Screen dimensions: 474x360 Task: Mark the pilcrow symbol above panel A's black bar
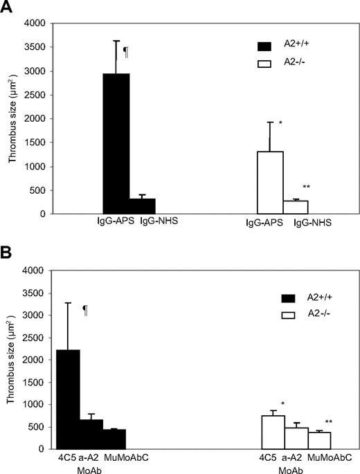pyautogui.click(x=125, y=51)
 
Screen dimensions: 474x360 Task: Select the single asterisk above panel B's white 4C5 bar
pyautogui.click(x=283, y=404)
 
